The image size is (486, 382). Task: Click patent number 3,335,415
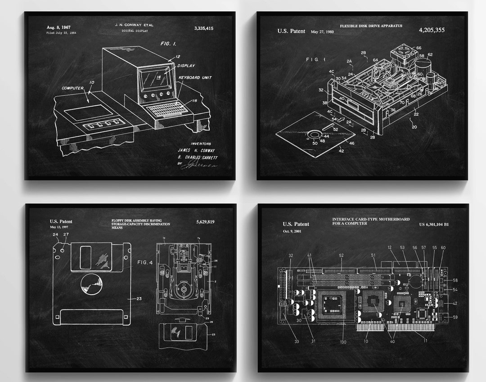pyautogui.click(x=204, y=28)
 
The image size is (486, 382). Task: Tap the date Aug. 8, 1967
pyautogui.click(x=58, y=27)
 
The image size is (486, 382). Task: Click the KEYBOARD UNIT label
pyautogui.click(x=195, y=77)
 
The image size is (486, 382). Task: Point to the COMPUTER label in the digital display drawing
pyautogui.click(x=73, y=88)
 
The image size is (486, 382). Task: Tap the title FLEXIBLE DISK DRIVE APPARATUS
pyautogui.click(x=371, y=26)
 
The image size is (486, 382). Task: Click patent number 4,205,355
pyautogui.click(x=432, y=30)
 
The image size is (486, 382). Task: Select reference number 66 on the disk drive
pyautogui.click(x=418, y=48)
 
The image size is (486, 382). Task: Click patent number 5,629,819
pyautogui.click(x=205, y=222)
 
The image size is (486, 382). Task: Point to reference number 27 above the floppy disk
pyautogui.click(x=66, y=234)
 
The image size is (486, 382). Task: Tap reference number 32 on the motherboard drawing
pyautogui.click(x=290, y=256)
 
